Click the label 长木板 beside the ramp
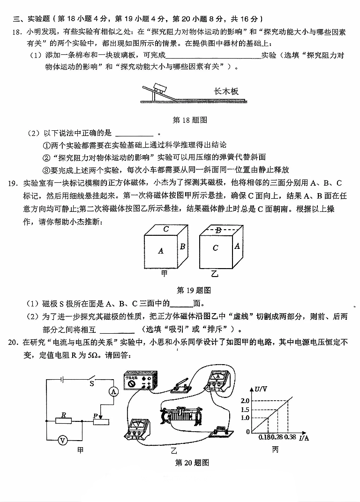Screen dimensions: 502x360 click(x=226, y=91)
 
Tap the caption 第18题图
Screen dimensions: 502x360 click(x=190, y=120)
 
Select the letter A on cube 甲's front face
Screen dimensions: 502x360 click(x=161, y=251)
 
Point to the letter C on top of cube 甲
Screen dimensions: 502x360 click(x=166, y=229)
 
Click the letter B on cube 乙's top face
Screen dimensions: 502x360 click(x=218, y=230)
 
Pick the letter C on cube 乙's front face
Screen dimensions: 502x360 click(x=215, y=248)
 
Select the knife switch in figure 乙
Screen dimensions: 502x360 click(x=181, y=385)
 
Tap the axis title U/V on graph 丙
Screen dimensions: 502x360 click(x=261, y=389)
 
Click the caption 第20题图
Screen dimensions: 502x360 click(x=191, y=463)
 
